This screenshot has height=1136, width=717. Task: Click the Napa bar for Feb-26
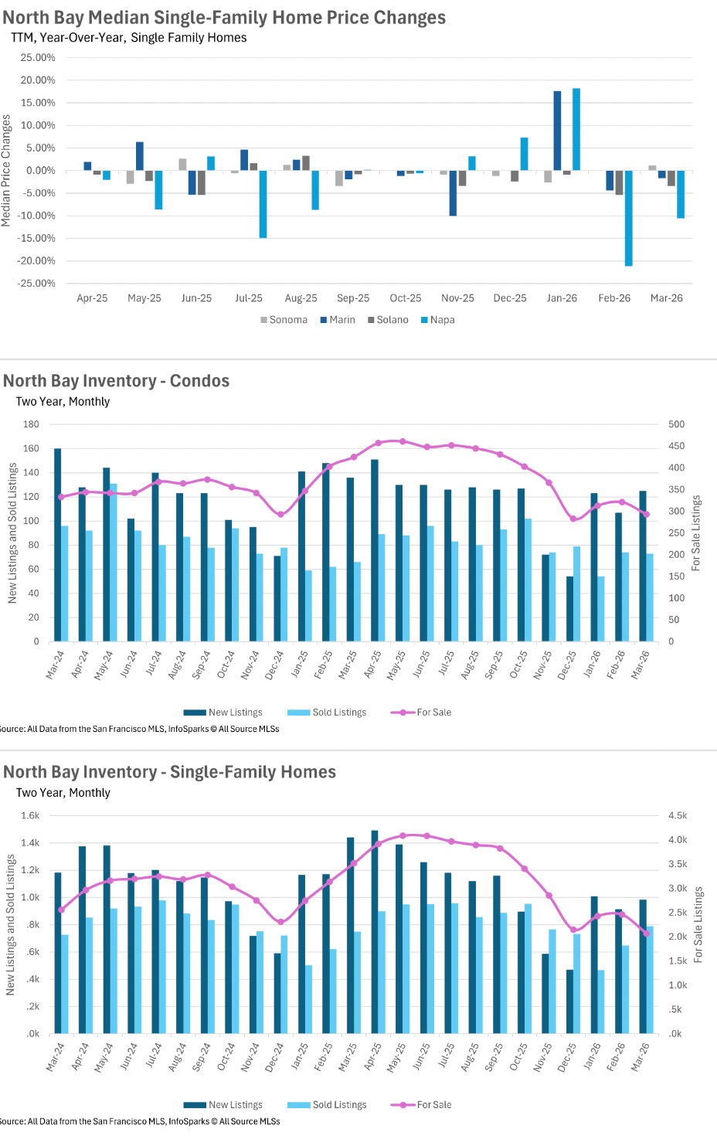pyautogui.click(x=629, y=218)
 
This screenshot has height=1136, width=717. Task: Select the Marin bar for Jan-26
pyautogui.click(x=557, y=131)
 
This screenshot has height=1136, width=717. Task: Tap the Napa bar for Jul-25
pyautogui.click(x=263, y=204)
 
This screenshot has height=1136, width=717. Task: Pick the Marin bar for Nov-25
pyautogui.click(x=453, y=193)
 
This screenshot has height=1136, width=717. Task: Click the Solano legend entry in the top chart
pyautogui.click(x=388, y=320)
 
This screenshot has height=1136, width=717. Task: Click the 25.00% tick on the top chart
pyautogui.click(x=38, y=58)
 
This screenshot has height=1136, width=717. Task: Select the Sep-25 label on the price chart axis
pyautogui.click(x=353, y=298)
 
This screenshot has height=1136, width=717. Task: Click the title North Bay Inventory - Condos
pyautogui.click(x=117, y=381)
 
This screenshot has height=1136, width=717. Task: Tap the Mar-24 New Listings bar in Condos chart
pyautogui.click(x=58, y=545)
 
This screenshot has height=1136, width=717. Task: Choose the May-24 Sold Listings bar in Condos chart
pyautogui.click(x=114, y=563)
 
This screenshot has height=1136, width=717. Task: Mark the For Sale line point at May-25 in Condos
pyautogui.click(x=402, y=441)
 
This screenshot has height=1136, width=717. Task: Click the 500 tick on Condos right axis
pyautogui.click(x=676, y=424)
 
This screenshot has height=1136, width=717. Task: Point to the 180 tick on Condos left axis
pyautogui.click(x=31, y=424)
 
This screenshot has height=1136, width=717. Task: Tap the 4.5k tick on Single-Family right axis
pyautogui.click(x=678, y=815)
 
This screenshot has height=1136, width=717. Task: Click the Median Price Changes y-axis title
pyautogui.click(x=6, y=171)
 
